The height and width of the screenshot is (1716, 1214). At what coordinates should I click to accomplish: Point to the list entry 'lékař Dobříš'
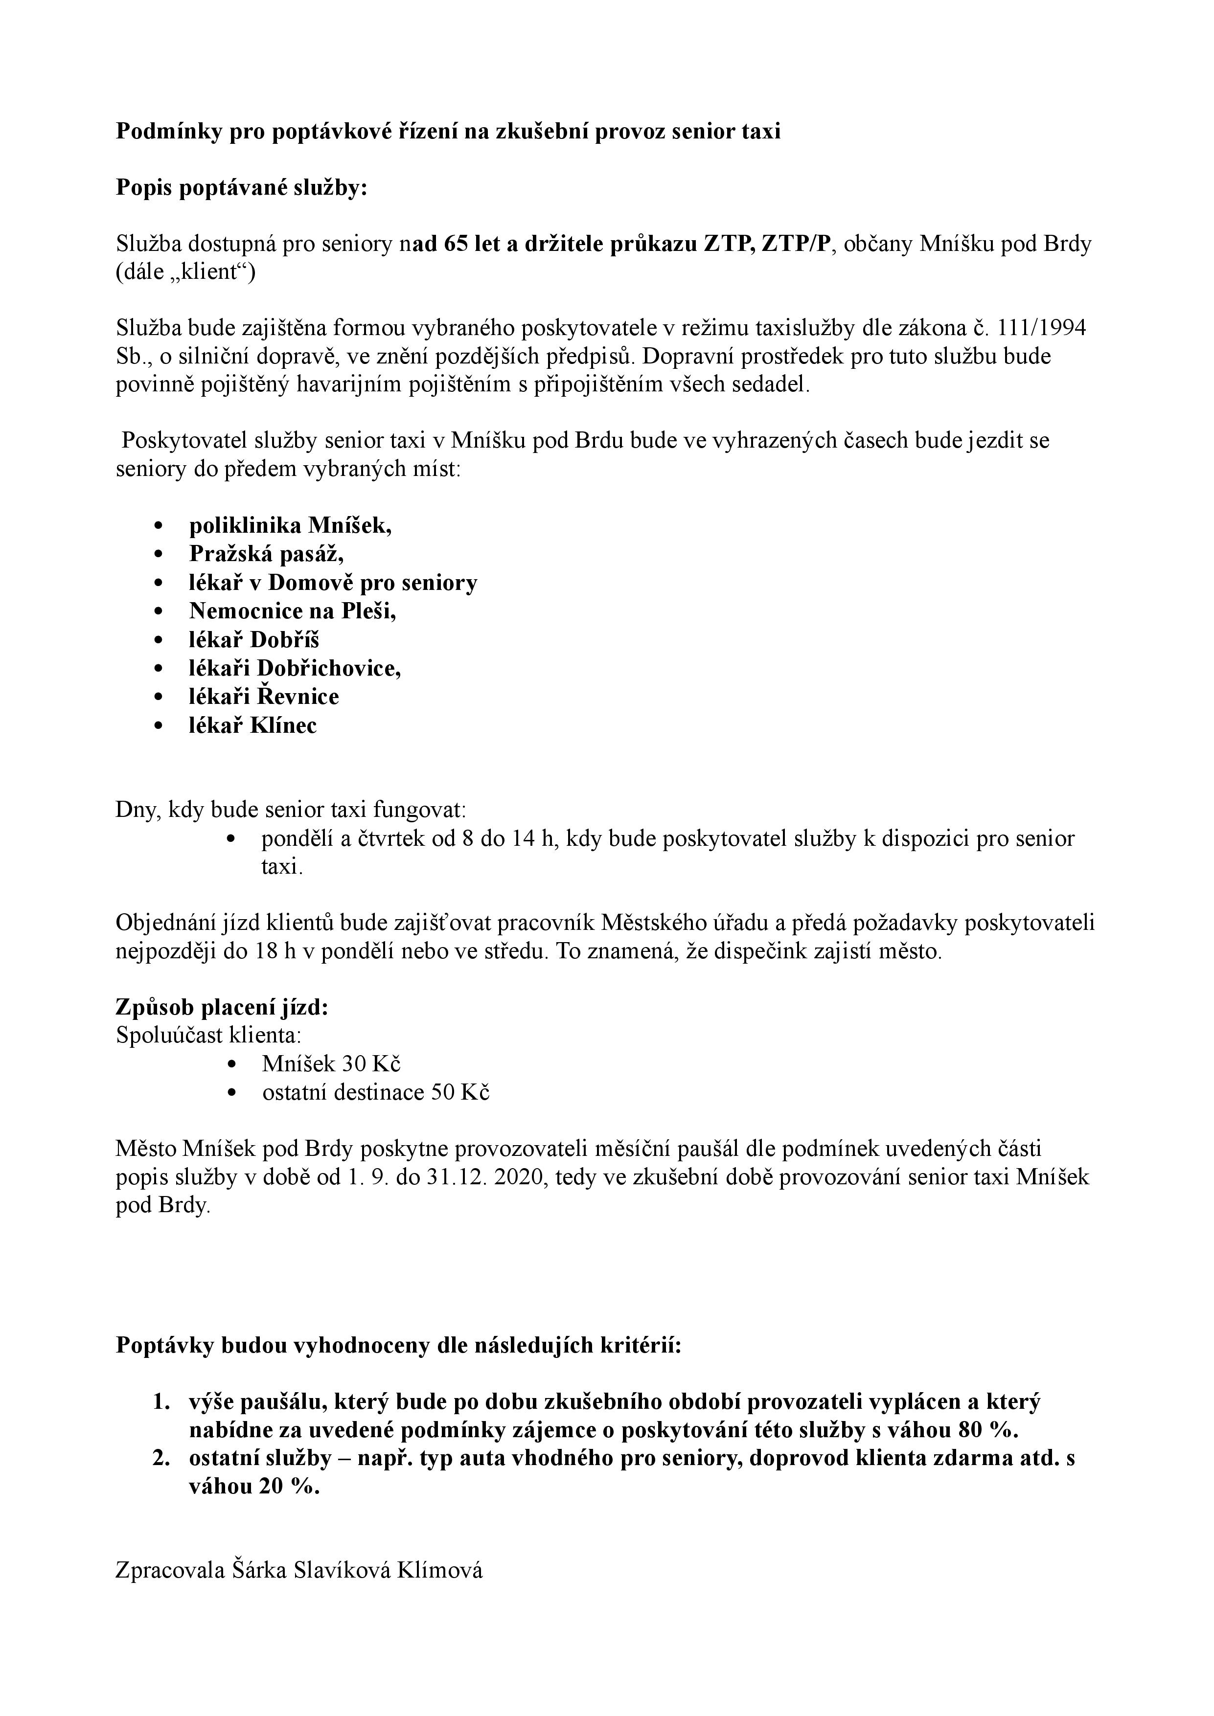[254, 640]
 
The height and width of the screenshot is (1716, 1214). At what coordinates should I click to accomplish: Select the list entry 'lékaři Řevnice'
[263, 697]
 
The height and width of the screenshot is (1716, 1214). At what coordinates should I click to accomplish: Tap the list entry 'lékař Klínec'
[252, 725]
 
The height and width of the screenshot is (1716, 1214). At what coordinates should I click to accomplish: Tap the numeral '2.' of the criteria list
[162, 1458]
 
